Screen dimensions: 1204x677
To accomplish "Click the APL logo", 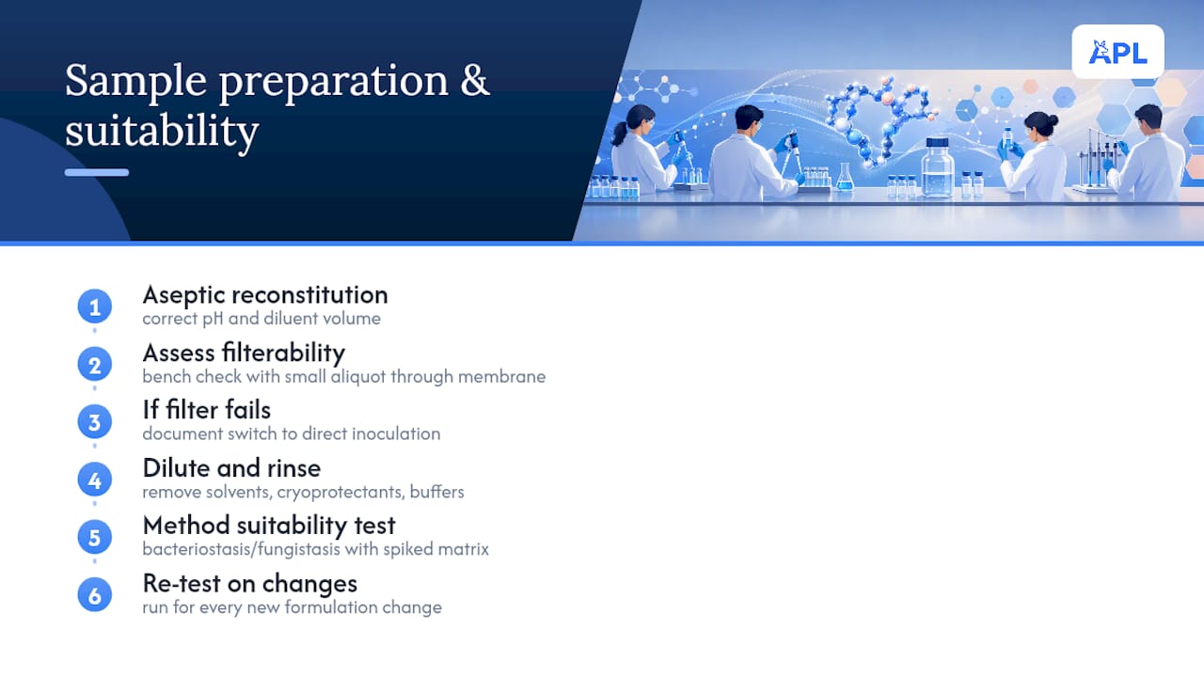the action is click(x=1118, y=52).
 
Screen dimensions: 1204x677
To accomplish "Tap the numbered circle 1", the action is click(x=95, y=307).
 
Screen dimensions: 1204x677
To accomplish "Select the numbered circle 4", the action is click(x=95, y=480).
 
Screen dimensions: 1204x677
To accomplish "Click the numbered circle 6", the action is click(x=95, y=595).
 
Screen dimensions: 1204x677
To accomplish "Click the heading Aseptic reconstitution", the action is click(x=265, y=295).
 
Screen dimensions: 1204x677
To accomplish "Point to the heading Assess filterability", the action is click(x=244, y=353).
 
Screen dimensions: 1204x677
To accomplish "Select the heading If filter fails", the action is click(x=206, y=410).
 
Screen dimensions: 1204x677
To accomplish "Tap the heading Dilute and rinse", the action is click(x=231, y=468).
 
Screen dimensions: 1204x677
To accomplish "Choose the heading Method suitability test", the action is click(x=269, y=526).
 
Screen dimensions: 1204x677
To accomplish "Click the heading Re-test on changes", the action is click(x=250, y=584).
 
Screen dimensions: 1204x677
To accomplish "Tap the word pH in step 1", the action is click(x=213, y=319).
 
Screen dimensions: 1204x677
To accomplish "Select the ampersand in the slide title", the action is click(x=475, y=81).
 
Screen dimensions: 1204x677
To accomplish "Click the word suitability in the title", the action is click(x=162, y=131).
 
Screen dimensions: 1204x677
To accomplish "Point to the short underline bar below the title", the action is click(x=97, y=172).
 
